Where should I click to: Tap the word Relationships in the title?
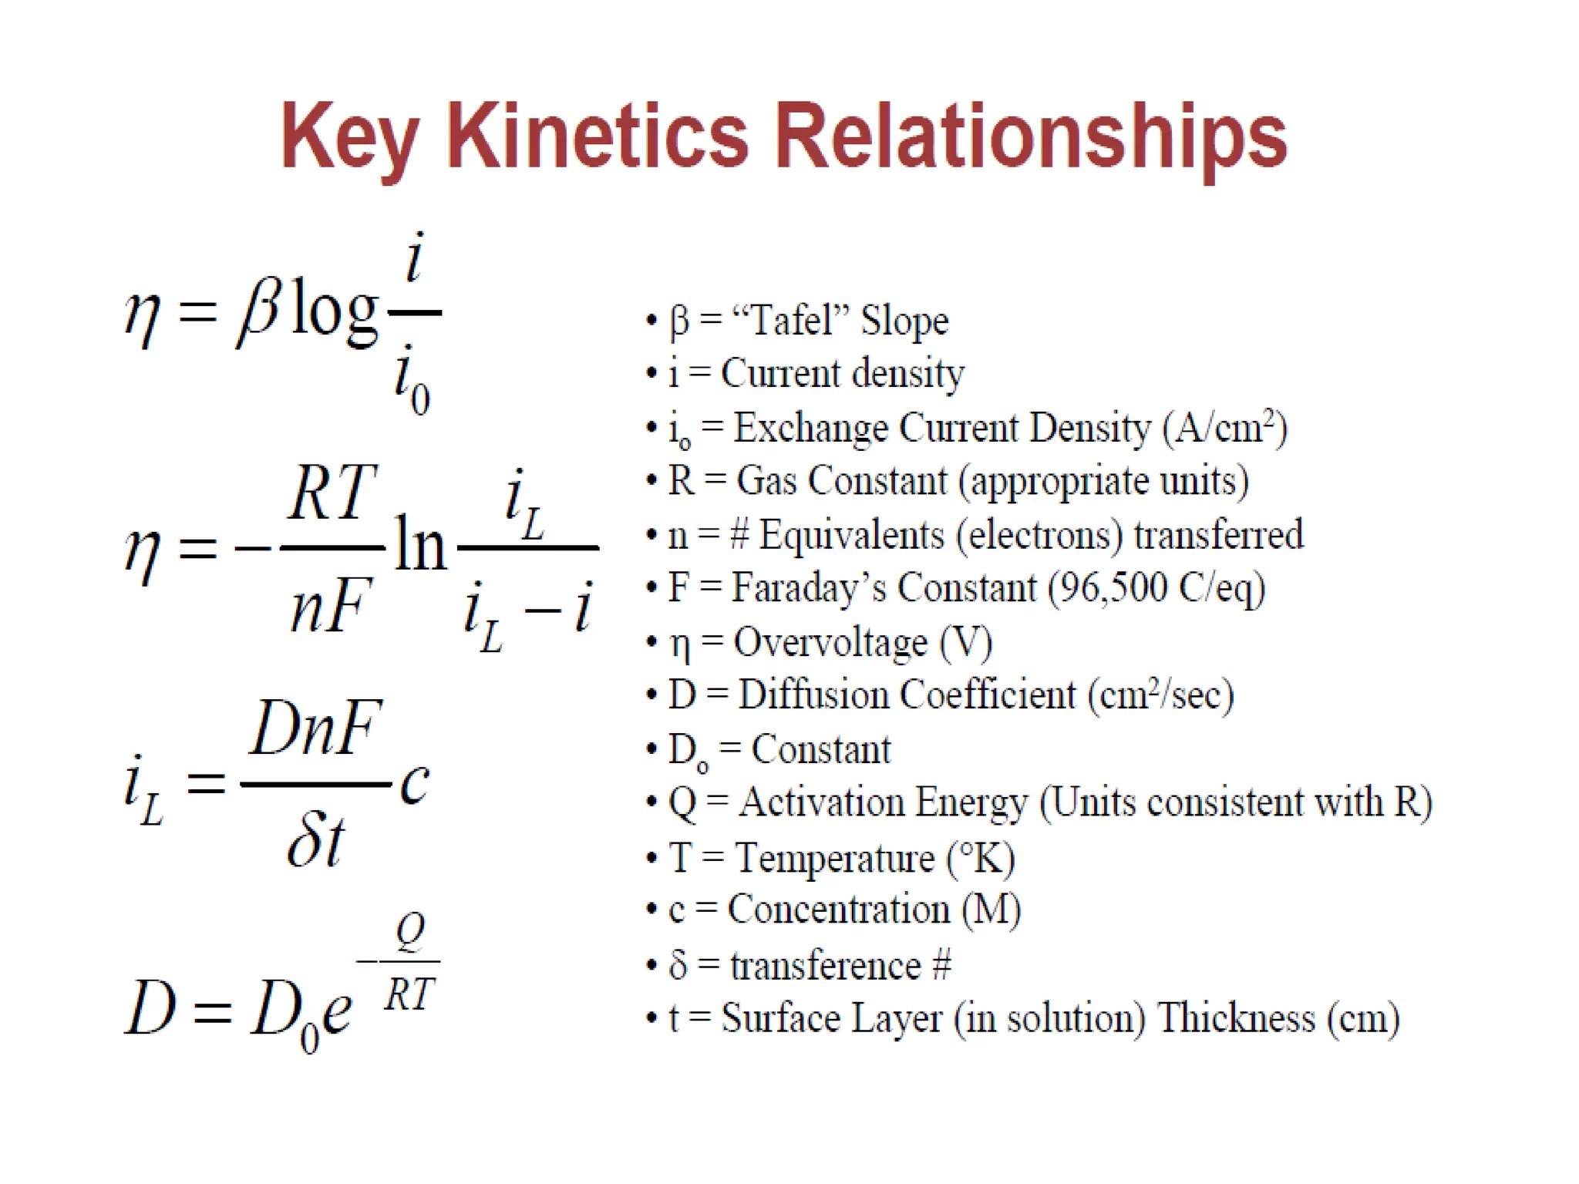pyautogui.click(x=1030, y=136)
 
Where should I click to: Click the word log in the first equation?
pyautogui.click(x=335, y=312)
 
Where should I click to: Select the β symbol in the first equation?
pyautogui.click(x=257, y=312)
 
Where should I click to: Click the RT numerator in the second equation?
pyautogui.click(x=332, y=493)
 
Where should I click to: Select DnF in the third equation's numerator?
pyautogui.click(x=315, y=728)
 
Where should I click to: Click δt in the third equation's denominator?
pyautogui.click(x=315, y=842)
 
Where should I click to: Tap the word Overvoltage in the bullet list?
pyautogui.click(x=830, y=642)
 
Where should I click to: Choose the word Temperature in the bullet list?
pyautogui.click(x=834, y=857)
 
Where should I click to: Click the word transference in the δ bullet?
pyautogui.click(x=826, y=965)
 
